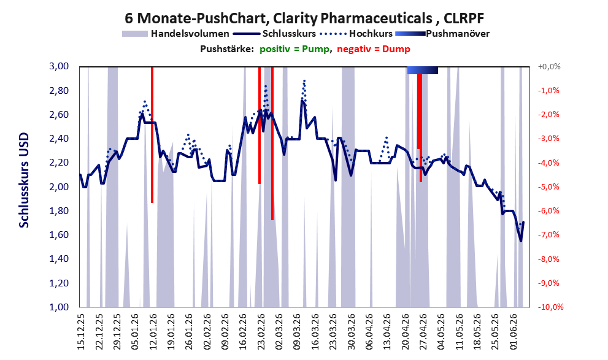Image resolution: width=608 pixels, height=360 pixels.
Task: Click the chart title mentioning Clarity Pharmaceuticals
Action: [x=304, y=18]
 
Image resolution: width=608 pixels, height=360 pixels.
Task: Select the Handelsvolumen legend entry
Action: [x=175, y=34]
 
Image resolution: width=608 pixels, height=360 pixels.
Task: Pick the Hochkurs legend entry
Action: [x=356, y=34]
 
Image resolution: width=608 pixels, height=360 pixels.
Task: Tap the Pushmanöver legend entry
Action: [x=442, y=34]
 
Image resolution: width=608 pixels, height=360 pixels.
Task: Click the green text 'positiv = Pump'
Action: [x=294, y=49]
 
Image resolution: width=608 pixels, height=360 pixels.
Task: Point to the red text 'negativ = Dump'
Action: [x=374, y=49]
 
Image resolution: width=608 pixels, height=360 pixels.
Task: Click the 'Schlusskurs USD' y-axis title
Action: [x=24, y=180]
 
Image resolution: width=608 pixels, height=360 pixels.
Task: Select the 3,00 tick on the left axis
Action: [x=59, y=66]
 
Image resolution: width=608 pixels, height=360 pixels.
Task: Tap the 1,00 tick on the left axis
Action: [x=59, y=307]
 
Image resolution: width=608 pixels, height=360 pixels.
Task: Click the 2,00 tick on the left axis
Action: [x=59, y=187]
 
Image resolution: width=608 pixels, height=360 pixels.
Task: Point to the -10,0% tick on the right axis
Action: [x=550, y=307]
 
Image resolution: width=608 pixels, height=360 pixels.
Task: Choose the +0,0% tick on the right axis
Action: [x=549, y=67]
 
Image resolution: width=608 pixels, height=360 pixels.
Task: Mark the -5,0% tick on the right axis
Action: [x=549, y=187]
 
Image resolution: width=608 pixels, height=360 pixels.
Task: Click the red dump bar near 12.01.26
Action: [x=152, y=134]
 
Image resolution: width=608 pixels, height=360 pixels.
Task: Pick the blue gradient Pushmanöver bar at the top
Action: [x=423, y=70]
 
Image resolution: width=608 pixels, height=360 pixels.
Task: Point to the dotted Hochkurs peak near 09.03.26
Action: [x=304, y=80]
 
